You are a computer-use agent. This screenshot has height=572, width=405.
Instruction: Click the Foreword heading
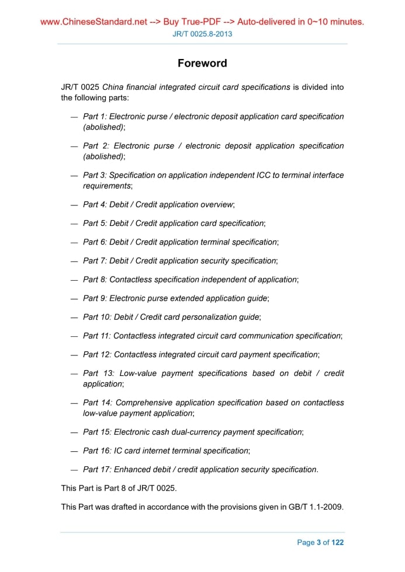(202, 63)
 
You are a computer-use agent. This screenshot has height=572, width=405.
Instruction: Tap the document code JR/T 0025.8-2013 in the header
(202, 34)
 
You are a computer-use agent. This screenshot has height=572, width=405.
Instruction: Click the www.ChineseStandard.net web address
(94, 22)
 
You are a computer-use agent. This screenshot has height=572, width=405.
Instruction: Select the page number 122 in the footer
(338, 542)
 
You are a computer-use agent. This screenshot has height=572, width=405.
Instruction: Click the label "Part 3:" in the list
(95, 175)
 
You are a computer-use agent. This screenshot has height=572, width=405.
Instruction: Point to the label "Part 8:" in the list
(95, 280)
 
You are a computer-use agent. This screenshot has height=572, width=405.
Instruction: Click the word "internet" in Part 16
(163, 451)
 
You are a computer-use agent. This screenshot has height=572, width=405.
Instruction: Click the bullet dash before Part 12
(74, 355)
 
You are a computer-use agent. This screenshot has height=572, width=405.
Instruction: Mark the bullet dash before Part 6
(74, 242)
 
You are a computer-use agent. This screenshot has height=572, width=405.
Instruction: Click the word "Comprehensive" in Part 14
(144, 403)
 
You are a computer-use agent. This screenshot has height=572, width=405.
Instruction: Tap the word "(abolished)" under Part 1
(103, 127)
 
